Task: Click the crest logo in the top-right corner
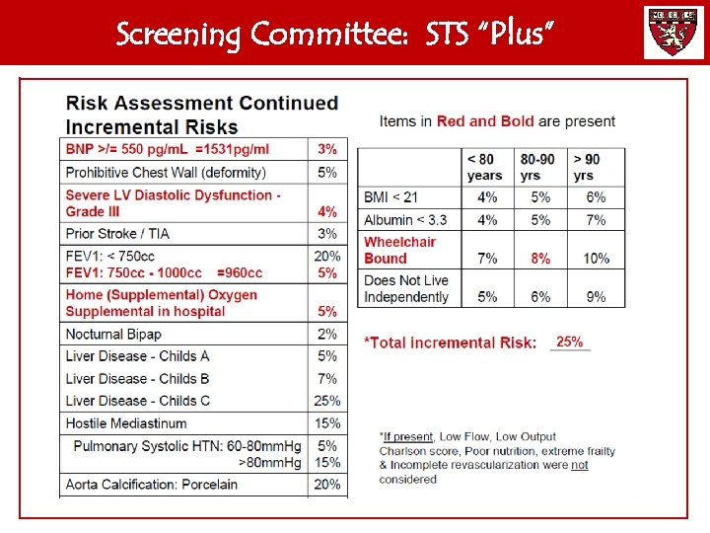(x=674, y=33)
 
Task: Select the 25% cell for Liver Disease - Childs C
(x=327, y=401)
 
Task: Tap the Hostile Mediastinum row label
(x=127, y=423)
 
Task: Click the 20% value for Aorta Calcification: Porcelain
(x=327, y=485)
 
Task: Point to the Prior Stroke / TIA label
(x=117, y=234)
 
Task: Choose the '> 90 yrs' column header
(x=589, y=167)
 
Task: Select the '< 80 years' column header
(x=485, y=167)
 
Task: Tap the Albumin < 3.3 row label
(x=405, y=219)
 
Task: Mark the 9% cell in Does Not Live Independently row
(x=595, y=296)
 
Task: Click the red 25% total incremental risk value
(x=569, y=342)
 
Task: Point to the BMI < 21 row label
(x=391, y=197)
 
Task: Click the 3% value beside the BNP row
(x=327, y=149)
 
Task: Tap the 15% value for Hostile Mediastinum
(x=327, y=423)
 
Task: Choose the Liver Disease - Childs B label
(x=138, y=378)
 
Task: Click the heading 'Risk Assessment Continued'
(x=202, y=104)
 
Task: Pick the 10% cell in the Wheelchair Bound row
(x=596, y=258)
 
